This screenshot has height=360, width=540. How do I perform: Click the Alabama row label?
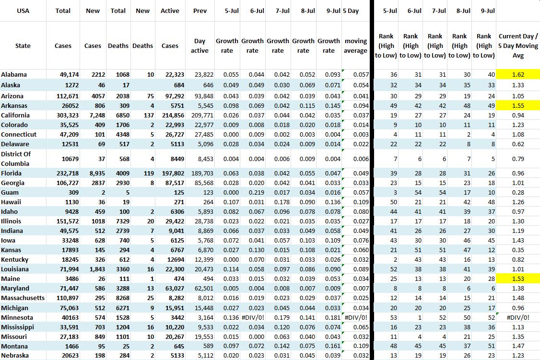coord(14,74)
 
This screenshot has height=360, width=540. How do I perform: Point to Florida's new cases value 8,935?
coord(91,173)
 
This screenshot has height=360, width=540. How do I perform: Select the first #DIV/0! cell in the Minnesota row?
coord(252,317)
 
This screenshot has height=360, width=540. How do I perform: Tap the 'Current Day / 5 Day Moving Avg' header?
coord(518,46)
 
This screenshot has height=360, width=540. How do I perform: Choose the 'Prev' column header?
coord(200,11)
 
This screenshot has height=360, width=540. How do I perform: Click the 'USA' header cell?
coord(23,11)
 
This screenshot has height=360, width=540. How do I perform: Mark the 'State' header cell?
coord(23,46)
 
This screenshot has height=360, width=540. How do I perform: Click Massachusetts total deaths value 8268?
coord(119,298)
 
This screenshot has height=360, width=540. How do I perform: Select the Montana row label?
coord(14,346)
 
